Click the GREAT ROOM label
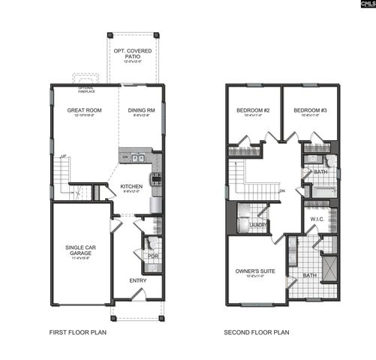(84, 110)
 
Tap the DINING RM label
(141, 110)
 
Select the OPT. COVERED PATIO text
(132, 54)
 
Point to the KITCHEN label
(132, 186)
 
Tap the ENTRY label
(138, 280)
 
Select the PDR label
(152, 256)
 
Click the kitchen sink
(137, 158)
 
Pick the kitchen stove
(156, 179)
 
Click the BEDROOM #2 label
(253, 110)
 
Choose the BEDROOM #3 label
(309, 110)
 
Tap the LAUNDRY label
(258, 223)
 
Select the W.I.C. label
(317, 219)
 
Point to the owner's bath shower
(328, 267)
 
